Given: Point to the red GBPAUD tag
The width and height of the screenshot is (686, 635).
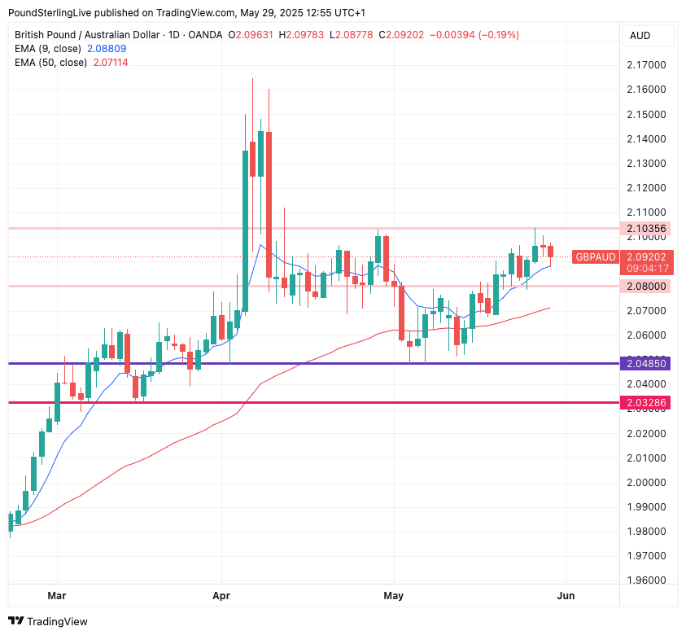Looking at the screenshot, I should click(x=596, y=256).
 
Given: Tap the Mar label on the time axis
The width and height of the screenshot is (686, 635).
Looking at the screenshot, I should click(x=56, y=595).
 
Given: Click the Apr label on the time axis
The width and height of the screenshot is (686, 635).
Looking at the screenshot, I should click(x=221, y=595).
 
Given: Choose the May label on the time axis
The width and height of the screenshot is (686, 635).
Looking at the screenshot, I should click(x=393, y=595).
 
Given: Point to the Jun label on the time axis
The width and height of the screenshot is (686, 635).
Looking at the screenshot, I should click(x=566, y=595).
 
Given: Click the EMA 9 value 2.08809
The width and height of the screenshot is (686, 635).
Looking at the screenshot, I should click(x=107, y=49).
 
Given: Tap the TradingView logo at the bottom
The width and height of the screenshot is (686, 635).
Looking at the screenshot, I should click(x=48, y=621).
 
